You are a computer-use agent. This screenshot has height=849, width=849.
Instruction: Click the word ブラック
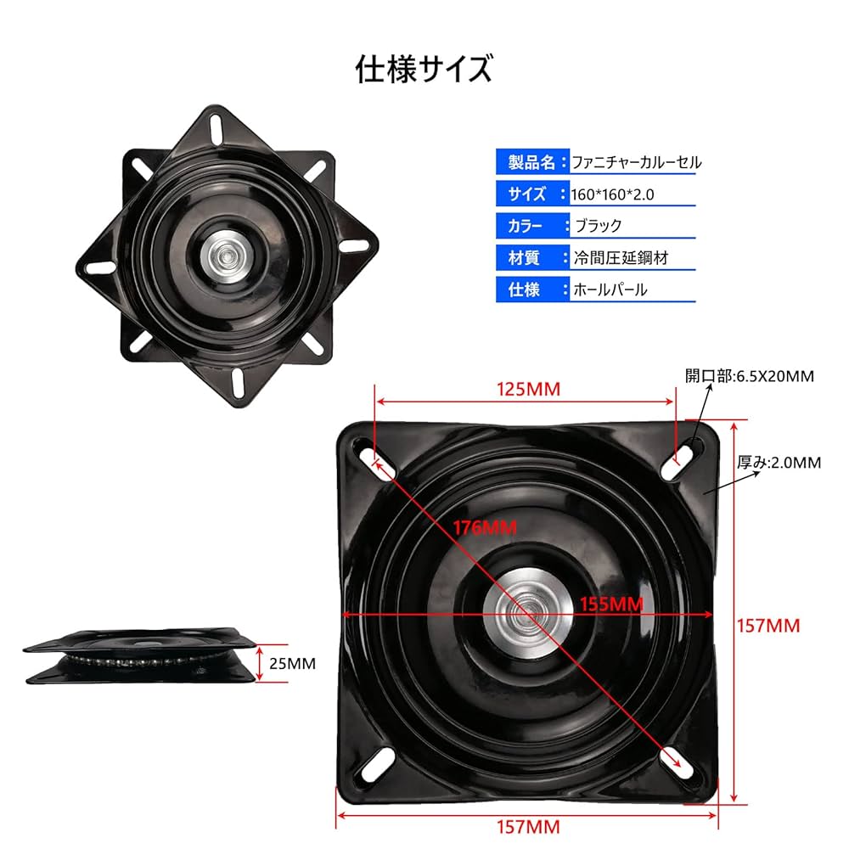(x=599, y=226)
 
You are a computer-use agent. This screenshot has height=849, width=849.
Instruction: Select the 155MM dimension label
(x=611, y=604)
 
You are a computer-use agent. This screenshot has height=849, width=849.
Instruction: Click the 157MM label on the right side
(x=768, y=626)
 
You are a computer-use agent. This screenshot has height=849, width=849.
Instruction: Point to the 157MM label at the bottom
(x=528, y=825)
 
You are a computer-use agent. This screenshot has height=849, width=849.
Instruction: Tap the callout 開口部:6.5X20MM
(x=750, y=374)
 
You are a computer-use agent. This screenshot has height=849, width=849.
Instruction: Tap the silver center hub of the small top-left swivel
(x=225, y=254)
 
